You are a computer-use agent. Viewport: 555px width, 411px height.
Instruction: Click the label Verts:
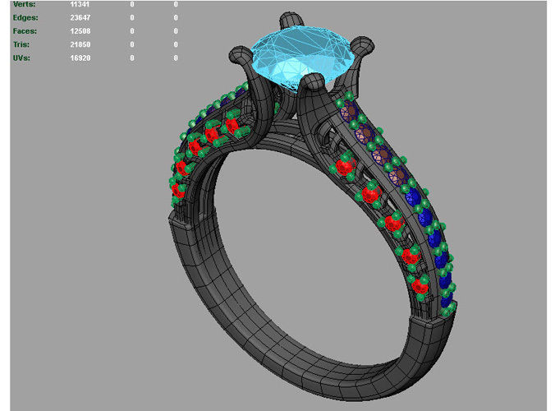(24, 5)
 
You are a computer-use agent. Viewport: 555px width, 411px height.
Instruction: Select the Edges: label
(26, 18)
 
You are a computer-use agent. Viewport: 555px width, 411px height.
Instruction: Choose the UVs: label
(22, 58)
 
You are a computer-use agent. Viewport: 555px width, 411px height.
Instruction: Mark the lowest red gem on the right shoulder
(420, 285)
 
